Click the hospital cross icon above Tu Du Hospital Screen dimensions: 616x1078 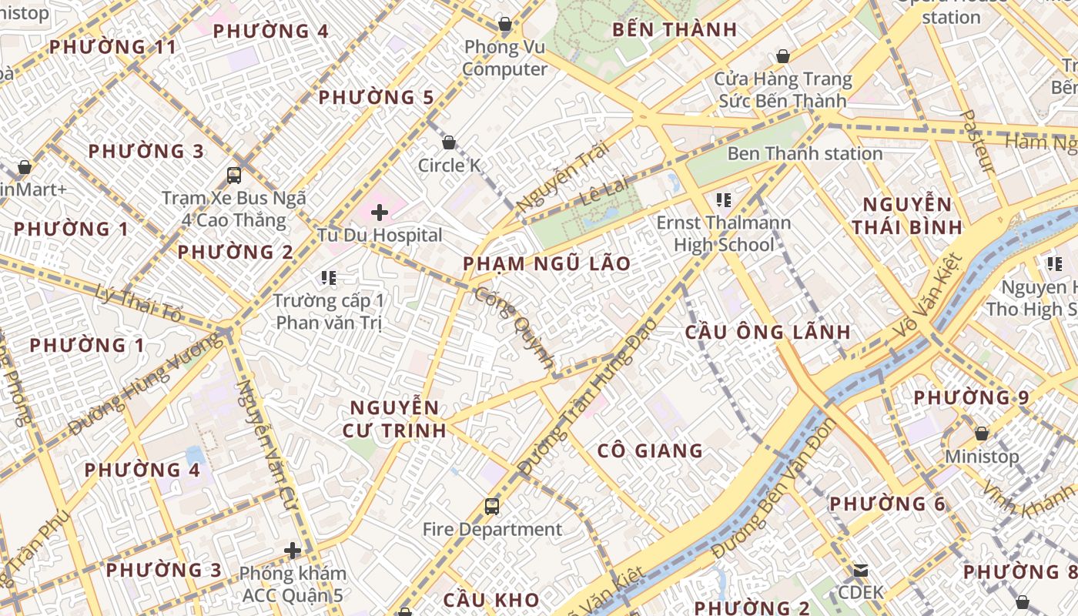tap(380, 212)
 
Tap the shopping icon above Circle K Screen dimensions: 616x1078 tap(449, 142)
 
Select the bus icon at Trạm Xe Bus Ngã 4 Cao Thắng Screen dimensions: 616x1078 tap(234, 175)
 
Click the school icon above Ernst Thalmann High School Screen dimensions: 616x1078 tap(723, 200)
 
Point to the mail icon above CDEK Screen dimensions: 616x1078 tap(860, 571)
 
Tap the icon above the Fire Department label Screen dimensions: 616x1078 tap(492, 506)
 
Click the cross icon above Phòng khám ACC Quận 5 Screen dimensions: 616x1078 tap(293, 550)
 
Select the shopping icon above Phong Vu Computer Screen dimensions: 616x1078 tap(505, 24)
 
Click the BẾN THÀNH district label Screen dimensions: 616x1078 tap(675, 30)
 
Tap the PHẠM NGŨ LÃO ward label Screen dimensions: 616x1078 tap(546, 264)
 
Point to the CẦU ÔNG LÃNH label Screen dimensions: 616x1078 tap(768, 333)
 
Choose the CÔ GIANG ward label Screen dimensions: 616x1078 tap(650, 450)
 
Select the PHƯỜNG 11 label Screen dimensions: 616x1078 tap(113, 47)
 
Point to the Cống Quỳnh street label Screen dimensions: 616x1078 tap(514, 327)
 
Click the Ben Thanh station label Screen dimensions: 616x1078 tap(805, 153)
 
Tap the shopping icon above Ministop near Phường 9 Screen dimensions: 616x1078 tap(982, 434)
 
